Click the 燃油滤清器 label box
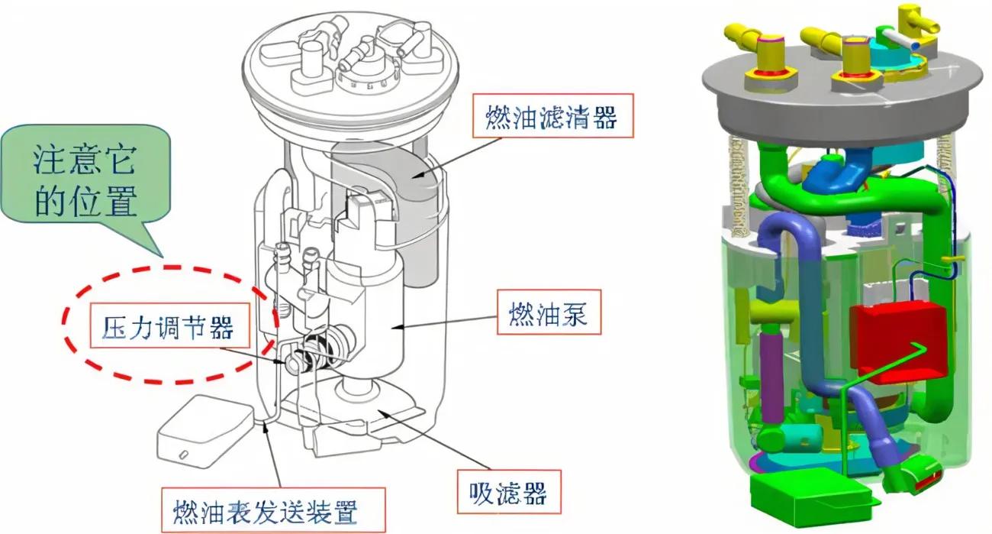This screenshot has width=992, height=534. (552, 117)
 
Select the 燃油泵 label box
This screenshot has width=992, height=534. (549, 311)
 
